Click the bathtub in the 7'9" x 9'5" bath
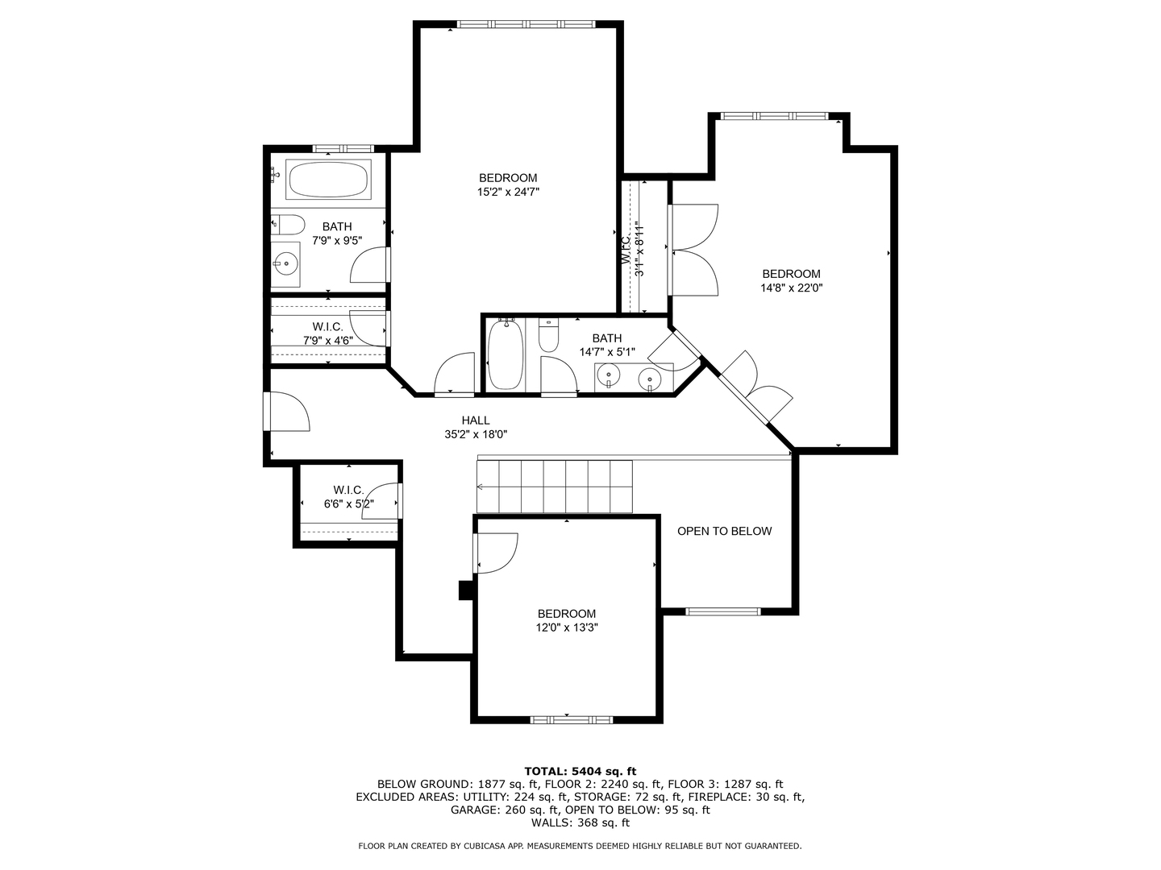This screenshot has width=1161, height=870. click(x=328, y=179)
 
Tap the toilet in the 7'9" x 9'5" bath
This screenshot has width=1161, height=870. click(x=289, y=225)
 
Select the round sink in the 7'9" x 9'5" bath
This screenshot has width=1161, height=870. click(x=285, y=263)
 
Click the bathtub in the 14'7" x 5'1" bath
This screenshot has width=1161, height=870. click(x=506, y=354)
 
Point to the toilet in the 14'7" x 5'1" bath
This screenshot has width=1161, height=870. click(x=548, y=335)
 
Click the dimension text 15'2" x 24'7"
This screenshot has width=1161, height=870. click(x=508, y=192)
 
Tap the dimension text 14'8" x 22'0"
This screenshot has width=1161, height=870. click(x=791, y=288)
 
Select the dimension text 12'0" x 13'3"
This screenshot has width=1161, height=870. click(x=567, y=628)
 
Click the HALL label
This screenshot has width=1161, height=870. click(x=476, y=420)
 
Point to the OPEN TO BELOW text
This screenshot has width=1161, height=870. click(x=724, y=531)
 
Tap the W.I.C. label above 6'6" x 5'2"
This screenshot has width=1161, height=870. click(x=348, y=490)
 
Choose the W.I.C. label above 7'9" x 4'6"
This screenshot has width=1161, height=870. click(x=327, y=327)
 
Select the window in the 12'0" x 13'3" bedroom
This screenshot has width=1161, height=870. click(x=572, y=719)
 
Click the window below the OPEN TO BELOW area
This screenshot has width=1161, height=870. click(x=722, y=611)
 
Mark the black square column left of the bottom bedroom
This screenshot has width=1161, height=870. click(x=465, y=590)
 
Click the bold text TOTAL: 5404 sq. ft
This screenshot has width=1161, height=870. click(x=580, y=771)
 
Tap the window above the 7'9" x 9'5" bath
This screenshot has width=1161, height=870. click(x=343, y=148)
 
